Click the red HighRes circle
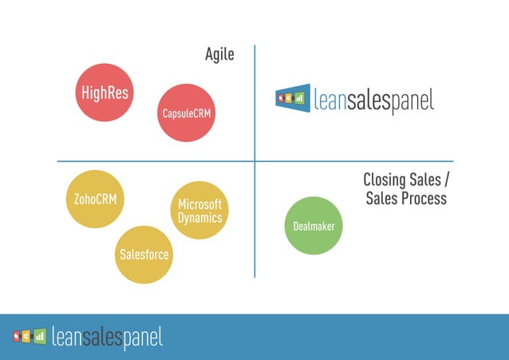click(x=104, y=93)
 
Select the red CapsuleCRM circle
click(x=188, y=113)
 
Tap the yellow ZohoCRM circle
click(x=95, y=199)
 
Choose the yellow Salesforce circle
click(x=144, y=255)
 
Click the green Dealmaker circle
click(x=314, y=226)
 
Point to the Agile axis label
click(x=219, y=55)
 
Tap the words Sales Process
click(x=406, y=198)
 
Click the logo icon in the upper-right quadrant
click(x=293, y=98)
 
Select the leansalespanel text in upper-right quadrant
click(x=373, y=101)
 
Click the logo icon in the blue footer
click(x=29, y=336)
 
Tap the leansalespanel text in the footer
click(x=107, y=338)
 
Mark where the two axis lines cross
click(x=254, y=161)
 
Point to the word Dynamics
click(x=199, y=217)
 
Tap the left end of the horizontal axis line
click(x=58, y=161)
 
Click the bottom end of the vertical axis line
click(x=254, y=276)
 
